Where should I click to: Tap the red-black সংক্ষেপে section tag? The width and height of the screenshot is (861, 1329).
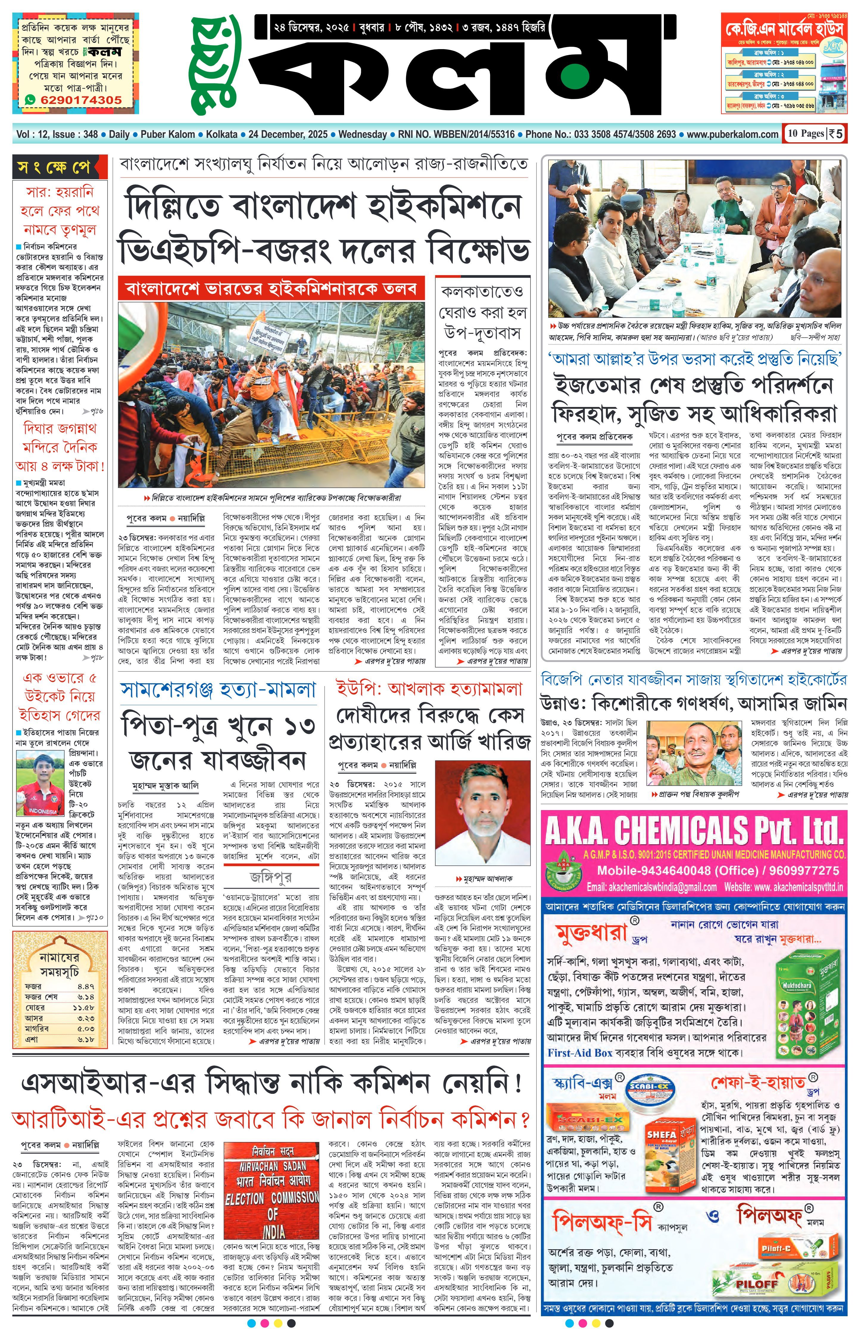59,167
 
